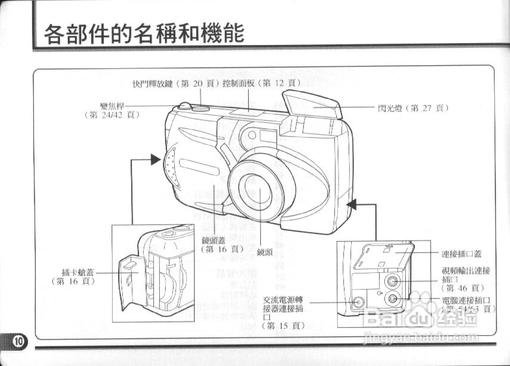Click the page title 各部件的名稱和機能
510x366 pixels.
point(144,34)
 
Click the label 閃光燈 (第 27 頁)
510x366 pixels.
point(413,108)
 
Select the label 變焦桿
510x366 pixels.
point(112,106)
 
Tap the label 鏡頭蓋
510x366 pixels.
point(213,241)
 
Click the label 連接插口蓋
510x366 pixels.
point(461,254)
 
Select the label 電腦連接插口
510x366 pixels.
point(466,300)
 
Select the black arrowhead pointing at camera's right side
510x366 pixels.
point(352,205)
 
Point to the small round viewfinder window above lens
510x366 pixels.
point(253,135)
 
